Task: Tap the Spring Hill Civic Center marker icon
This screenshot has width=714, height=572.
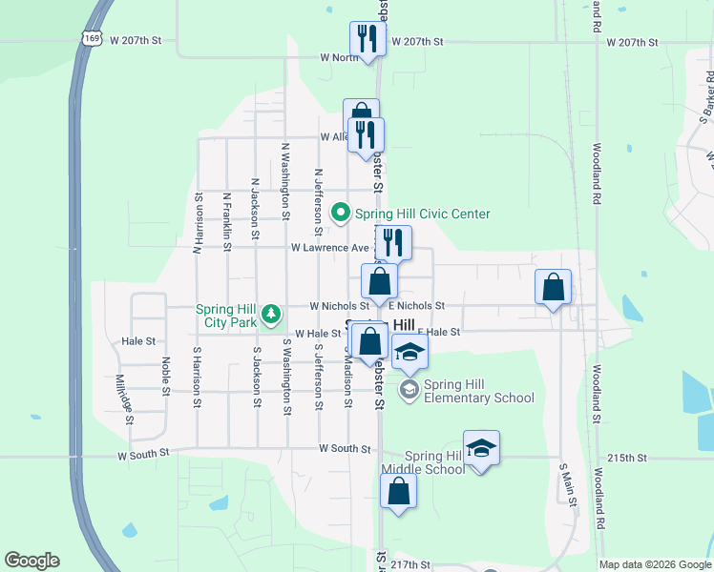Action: coord(340,214)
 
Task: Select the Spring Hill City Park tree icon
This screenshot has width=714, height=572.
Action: coord(272,313)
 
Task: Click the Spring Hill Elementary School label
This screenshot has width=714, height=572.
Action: coord(479,391)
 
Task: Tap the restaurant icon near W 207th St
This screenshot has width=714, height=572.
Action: coord(367,39)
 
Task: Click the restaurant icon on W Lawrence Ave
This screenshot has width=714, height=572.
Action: coord(394,242)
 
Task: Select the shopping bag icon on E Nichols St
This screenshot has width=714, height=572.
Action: coord(380,282)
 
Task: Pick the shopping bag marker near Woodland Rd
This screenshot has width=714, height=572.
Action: coord(554,286)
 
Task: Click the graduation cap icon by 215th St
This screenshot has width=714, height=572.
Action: coord(482,448)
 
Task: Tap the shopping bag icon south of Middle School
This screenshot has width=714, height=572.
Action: coord(398,492)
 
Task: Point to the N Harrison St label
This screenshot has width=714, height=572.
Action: coord(199,224)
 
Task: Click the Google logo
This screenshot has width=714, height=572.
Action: coord(31,561)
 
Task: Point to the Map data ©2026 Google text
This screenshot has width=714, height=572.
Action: coord(655,564)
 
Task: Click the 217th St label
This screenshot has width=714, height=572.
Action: coord(410,564)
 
